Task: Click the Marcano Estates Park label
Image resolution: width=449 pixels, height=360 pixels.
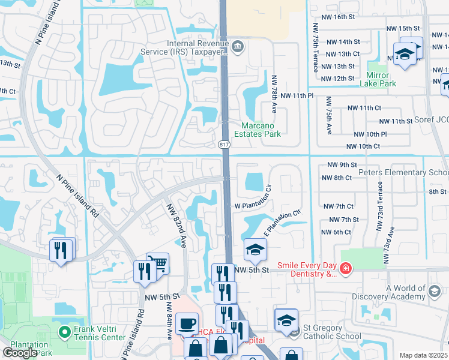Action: tap(261, 130)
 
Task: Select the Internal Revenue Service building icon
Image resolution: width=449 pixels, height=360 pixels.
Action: tap(238, 46)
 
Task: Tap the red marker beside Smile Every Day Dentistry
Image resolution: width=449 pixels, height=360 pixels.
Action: tap(346, 268)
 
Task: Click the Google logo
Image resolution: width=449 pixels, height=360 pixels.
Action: tap(20, 353)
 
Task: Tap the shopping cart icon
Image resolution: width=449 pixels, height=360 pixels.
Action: tap(157, 263)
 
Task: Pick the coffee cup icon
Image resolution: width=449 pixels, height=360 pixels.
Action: tap(187, 323)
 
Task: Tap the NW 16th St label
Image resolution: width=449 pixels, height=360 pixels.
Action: tap(340, 17)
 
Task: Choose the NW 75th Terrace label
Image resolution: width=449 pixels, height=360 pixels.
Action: tap(315, 48)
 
